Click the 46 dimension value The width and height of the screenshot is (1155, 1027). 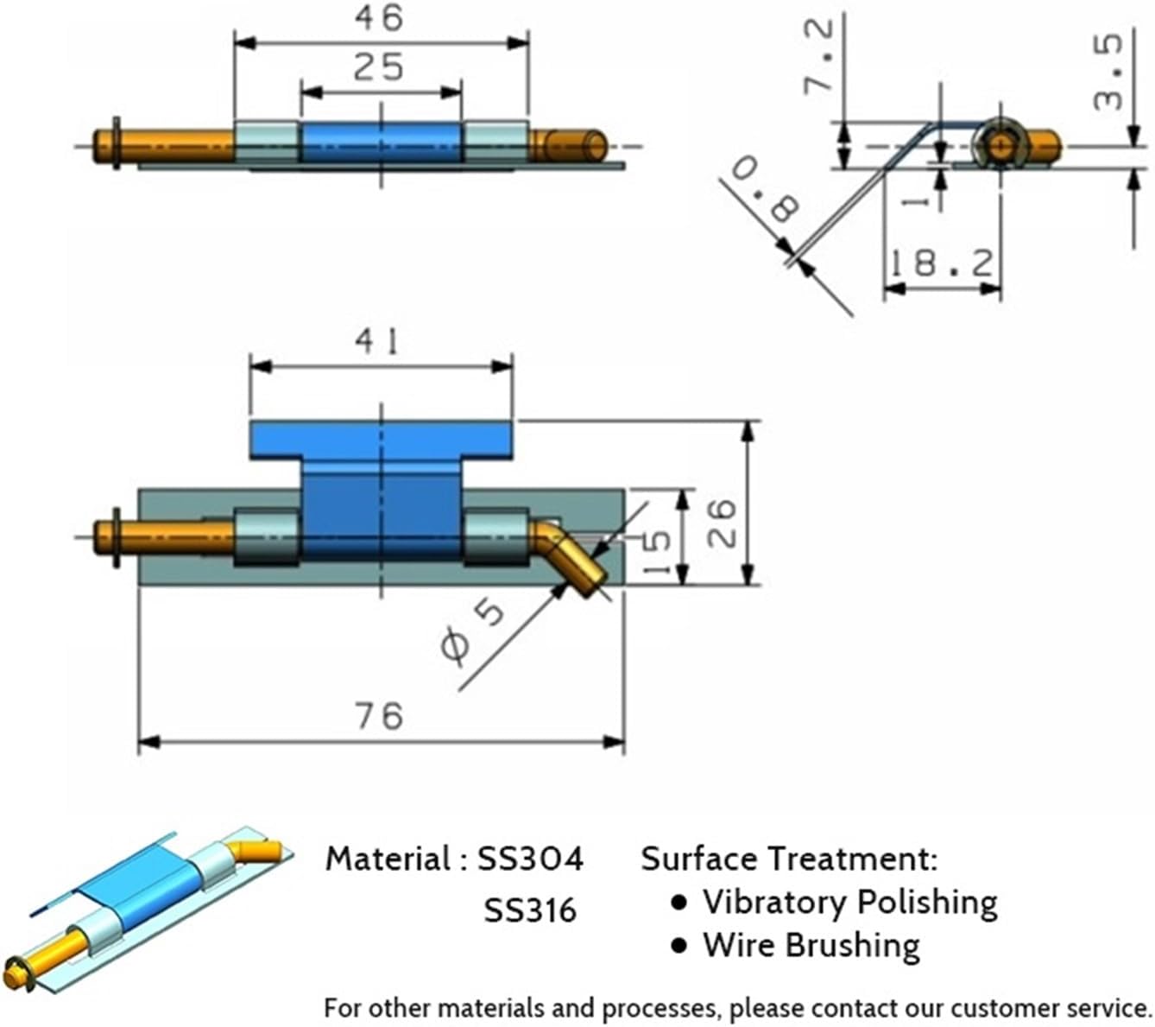(x=379, y=17)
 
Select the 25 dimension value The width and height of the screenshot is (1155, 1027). (x=379, y=67)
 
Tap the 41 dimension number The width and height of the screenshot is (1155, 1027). (x=379, y=343)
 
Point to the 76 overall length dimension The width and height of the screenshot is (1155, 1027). (x=379, y=716)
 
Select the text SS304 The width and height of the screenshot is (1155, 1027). (x=530, y=859)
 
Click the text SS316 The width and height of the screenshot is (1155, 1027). (x=529, y=910)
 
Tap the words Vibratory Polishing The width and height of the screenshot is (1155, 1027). (x=849, y=902)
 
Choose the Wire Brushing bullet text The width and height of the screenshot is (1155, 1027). (x=811, y=945)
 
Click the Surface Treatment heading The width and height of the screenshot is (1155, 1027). (x=788, y=859)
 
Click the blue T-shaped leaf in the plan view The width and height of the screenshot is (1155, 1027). (x=381, y=484)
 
